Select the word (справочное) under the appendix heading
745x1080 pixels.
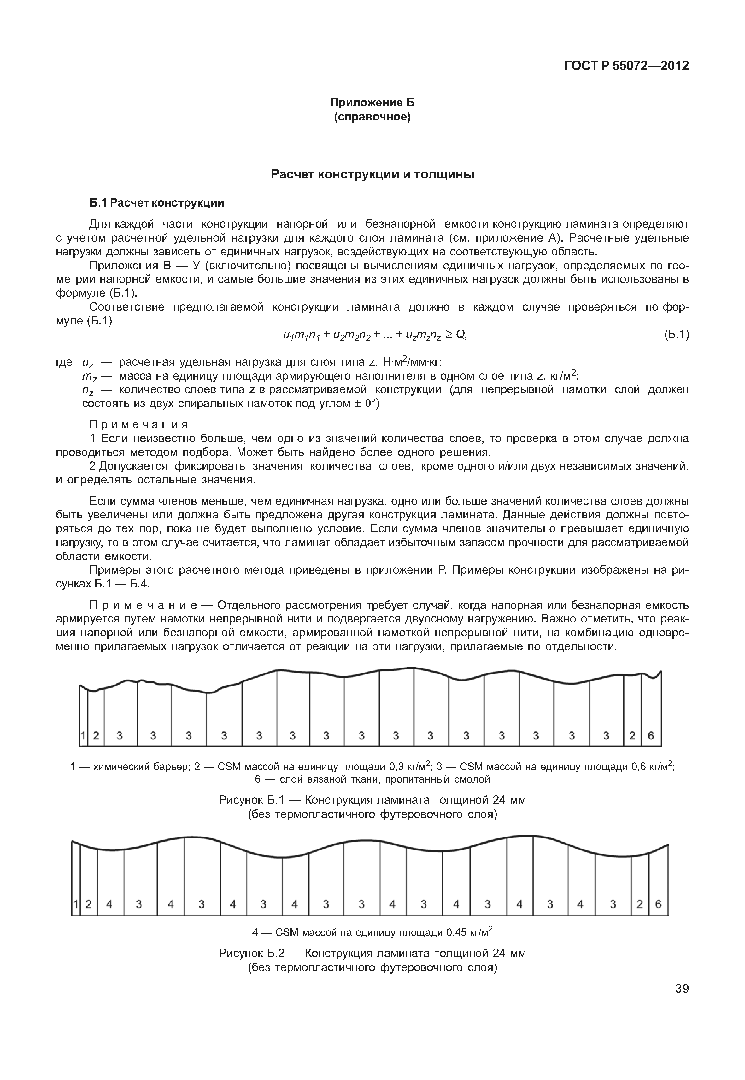click(x=372, y=117)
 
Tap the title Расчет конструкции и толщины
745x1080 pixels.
click(x=372, y=175)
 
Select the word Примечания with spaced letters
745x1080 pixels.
click(x=139, y=424)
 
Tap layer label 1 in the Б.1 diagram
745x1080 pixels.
click(x=83, y=736)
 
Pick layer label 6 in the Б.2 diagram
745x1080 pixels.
click(x=658, y=904)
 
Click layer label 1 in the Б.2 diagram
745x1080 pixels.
click(x=76, y=904)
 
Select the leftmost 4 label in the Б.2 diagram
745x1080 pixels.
click(x=109, y=904)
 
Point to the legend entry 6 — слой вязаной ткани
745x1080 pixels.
click(x=372, y=779)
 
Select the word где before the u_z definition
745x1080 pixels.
click(x=64, y=362)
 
